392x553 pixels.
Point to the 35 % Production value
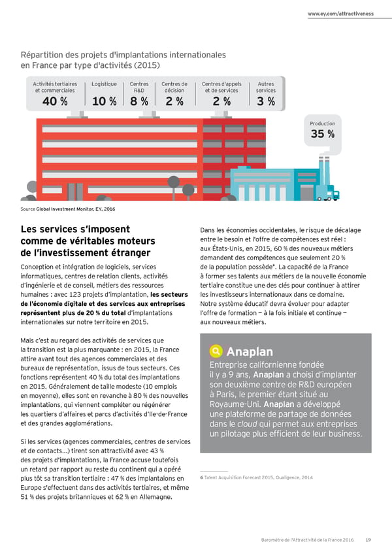tap(322, 134)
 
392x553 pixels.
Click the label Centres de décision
tap(174, 87)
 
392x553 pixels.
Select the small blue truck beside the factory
tap(335, 194)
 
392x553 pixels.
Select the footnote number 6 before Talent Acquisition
tap(201, 477)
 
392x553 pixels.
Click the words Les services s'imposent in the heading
tap(75, 230)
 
